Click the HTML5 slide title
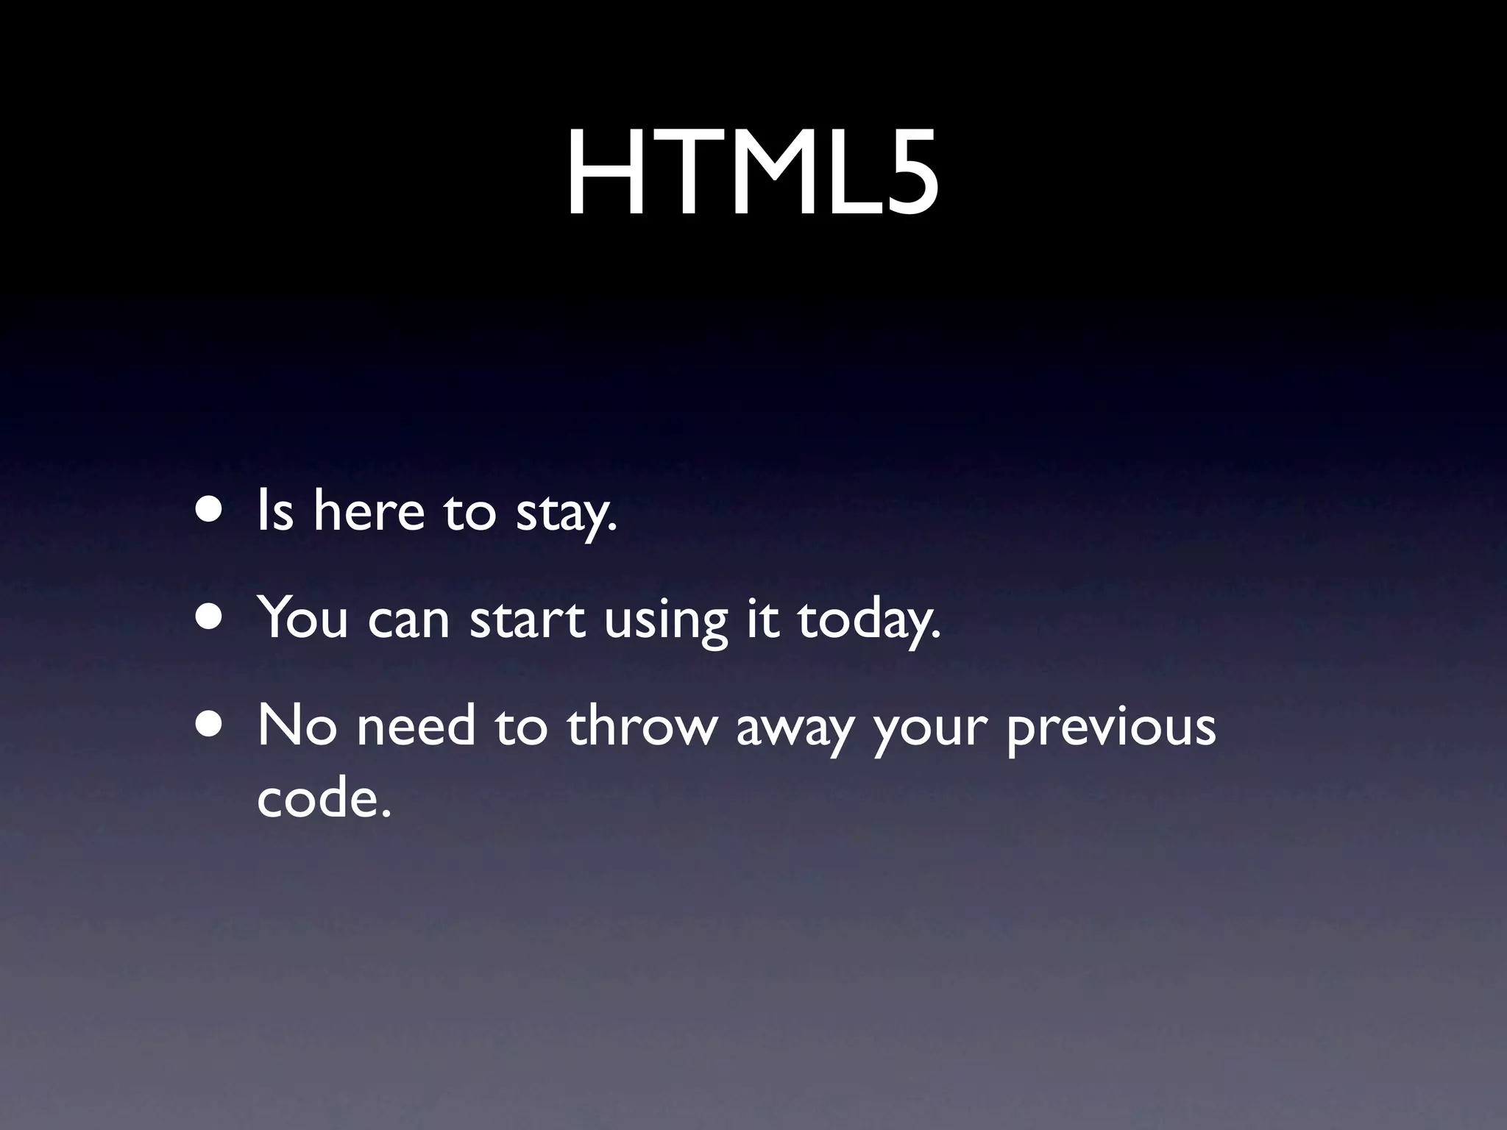click(x=752, y=174)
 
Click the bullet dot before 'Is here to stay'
click(x=210, y=510)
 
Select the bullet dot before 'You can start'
click(x=210, y=617)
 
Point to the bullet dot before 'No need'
click(x=210, y=725)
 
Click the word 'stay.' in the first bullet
click(x=565, y=513)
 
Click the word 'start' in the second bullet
click(x=527, y=619)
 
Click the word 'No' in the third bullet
click(x=297, y=725)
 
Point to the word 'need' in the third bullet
click(x=416, y=725)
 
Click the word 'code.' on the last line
click(x=322, y=797)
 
